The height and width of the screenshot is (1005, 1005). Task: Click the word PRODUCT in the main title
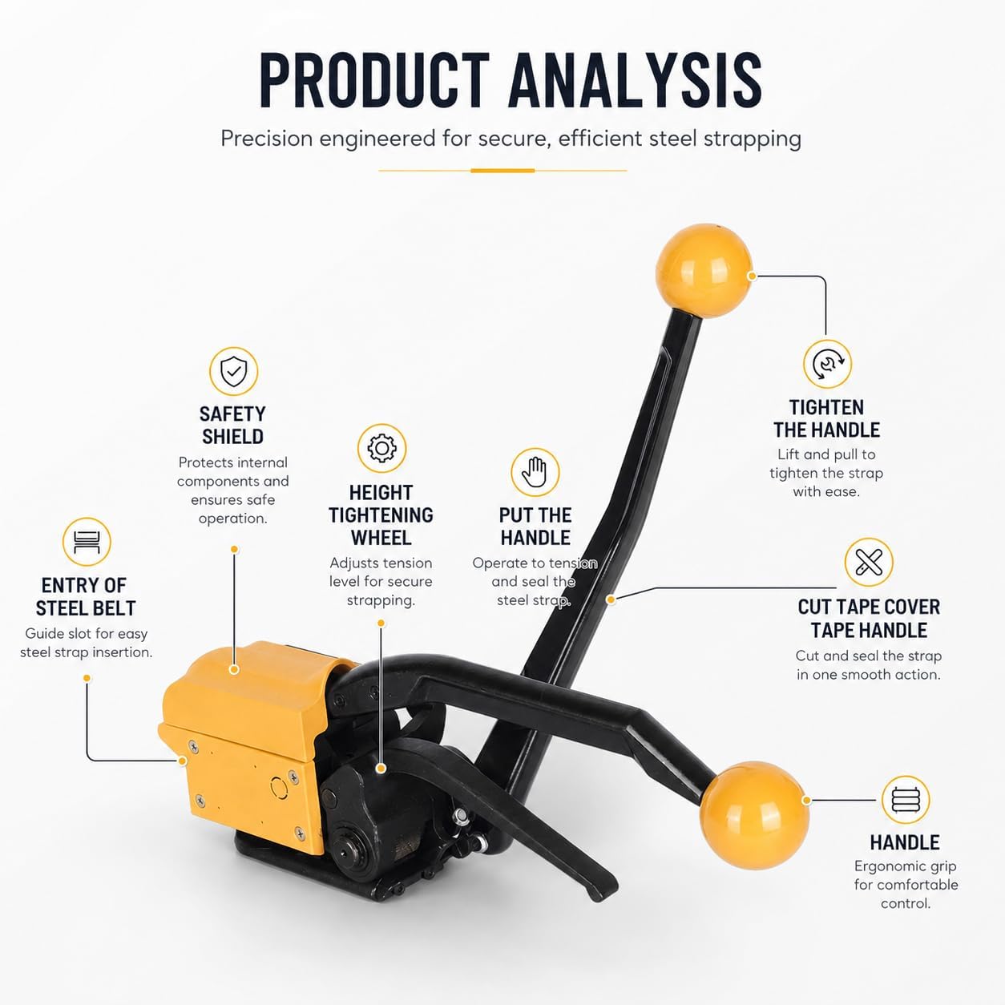374,80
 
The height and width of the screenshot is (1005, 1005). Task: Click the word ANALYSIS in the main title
636,80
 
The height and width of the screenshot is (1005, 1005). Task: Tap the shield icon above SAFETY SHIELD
234,371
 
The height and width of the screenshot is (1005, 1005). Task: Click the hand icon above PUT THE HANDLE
535,472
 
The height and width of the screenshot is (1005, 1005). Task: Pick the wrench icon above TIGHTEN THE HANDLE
827,364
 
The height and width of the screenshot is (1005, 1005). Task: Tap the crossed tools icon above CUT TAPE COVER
869,563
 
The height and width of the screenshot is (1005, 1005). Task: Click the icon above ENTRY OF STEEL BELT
87,542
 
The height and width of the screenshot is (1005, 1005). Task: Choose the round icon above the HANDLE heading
906,800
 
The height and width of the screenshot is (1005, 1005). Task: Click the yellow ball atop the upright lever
704,270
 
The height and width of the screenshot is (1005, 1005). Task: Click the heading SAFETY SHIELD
232,425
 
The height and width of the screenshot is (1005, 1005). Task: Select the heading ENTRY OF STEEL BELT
85,596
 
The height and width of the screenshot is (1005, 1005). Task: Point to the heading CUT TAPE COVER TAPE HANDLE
869,619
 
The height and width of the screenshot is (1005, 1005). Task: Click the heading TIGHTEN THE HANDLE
826,419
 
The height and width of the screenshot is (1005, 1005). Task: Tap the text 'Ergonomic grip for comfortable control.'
906,885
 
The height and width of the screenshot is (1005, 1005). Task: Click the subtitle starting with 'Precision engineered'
511,139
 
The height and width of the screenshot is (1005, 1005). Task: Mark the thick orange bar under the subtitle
502,171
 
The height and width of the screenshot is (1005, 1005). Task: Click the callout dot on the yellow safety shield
234,669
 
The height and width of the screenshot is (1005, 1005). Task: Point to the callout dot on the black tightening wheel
381,769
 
